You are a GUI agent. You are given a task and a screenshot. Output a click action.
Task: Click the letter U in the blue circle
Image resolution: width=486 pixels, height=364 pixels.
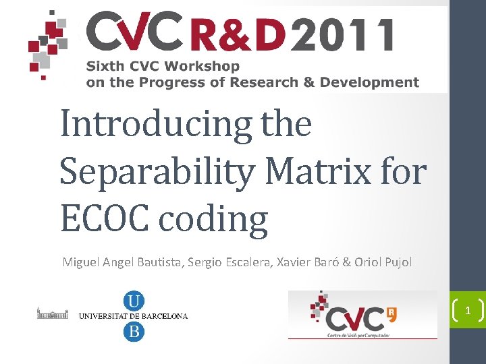click(x=134, y=300)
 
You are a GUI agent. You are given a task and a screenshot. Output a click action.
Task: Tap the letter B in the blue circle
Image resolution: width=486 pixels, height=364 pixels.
click(x=134, y=331)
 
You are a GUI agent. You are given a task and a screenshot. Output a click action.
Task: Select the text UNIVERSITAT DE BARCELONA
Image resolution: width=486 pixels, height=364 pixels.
click(x=134, y=315)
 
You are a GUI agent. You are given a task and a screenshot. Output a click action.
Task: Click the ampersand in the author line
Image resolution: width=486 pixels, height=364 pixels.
click(x=347, y=262)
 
